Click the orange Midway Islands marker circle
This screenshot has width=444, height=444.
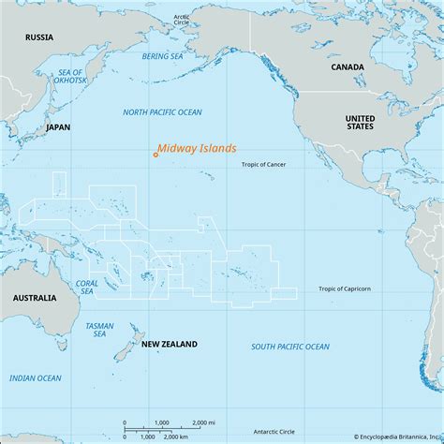click(x=155, y=155)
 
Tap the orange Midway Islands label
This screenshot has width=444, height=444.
click(x=197, y=148)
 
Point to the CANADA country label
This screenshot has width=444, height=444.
click(x=347, y=68)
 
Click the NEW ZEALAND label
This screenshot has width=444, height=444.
click(x=170, y=345)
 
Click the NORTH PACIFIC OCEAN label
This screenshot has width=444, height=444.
click(x=161, y=112)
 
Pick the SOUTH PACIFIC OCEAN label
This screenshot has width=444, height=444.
click(x=290, y=347)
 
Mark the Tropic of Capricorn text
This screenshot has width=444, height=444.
click(x=344, y=289)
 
